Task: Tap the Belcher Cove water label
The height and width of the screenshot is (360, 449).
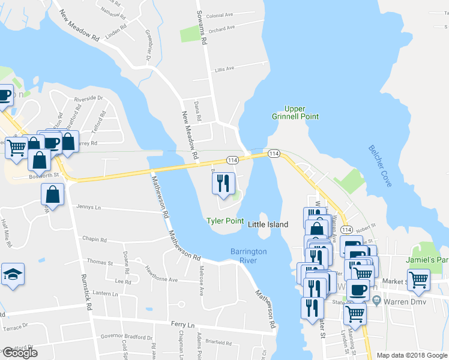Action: click(380, 166)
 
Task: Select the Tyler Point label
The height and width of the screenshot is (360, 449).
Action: click(225, 221)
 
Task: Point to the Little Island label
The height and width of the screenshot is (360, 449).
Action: click(268, 224)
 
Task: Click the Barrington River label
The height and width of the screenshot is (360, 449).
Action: click(248, 256)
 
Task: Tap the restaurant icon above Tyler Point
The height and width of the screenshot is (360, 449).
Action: click(223, 183)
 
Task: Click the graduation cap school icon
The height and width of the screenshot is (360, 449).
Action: click(13, 275)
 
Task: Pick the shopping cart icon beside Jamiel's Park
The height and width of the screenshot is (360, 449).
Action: click(418, 278)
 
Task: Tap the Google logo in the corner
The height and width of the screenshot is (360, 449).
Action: click(20, 353)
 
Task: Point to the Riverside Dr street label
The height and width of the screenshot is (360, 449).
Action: click(88, 98)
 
